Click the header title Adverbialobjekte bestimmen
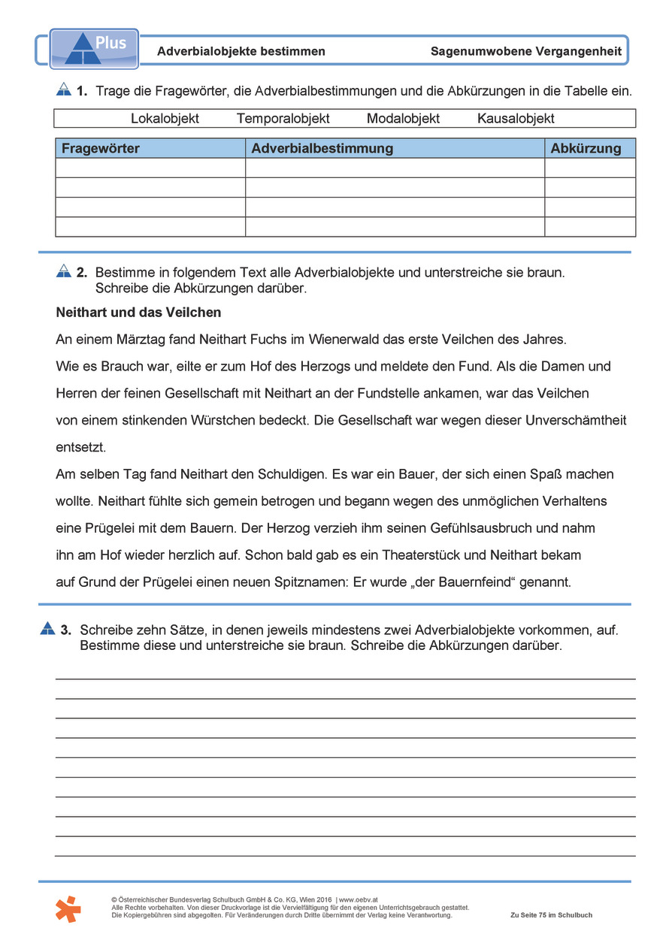(241, 52)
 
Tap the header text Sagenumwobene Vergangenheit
(526, 52)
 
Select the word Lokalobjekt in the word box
(165, 119)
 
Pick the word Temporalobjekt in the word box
(283, 119)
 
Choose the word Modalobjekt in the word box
(403, 119)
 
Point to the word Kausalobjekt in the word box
(516, 119)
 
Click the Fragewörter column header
(100, 149)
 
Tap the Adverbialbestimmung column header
(322, 149)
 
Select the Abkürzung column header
(586, 149)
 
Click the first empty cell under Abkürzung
(589, 168)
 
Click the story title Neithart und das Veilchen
(138, 312)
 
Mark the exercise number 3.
(66, 630)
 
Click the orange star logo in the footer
(68, 908)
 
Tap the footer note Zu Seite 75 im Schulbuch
(551, 915)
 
